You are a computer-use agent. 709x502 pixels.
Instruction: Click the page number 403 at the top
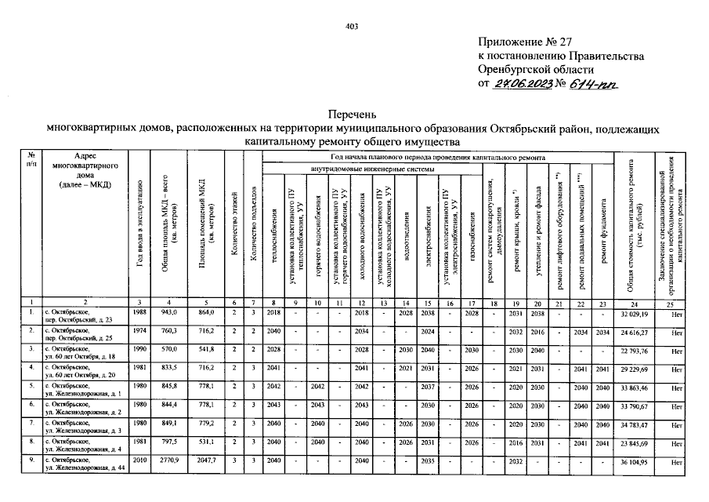coord(351,27)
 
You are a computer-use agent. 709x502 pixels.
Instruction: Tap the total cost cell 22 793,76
coord(637,350)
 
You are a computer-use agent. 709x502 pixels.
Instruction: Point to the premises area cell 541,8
coord(206,350)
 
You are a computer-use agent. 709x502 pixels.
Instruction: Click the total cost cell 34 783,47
coord(637,424)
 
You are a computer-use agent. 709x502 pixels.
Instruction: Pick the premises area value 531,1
coord(206,443)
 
